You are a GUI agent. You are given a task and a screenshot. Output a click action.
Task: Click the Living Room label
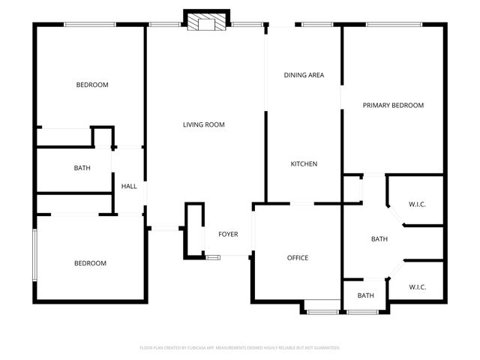(204, 124)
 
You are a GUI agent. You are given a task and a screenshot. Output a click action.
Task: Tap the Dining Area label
(304, 75)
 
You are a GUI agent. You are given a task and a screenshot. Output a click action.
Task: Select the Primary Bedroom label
(393, 106)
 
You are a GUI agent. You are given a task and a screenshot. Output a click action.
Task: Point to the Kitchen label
(304, 164)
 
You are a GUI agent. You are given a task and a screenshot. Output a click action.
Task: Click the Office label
(298, 258)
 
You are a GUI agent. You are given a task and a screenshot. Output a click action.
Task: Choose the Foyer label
(228, 235)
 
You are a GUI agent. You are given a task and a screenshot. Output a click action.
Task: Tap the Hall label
(130, 186)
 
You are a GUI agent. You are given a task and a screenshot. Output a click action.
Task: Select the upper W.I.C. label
(418, 204)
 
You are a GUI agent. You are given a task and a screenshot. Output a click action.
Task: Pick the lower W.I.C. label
(418, 287)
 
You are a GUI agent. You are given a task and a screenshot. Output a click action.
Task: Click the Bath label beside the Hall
(82, 168)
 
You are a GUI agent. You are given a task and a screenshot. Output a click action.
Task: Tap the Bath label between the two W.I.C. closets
(379, 239)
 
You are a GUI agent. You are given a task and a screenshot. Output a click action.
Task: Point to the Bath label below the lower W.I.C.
(365, 295)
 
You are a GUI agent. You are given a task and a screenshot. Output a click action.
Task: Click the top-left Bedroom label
(92, 85)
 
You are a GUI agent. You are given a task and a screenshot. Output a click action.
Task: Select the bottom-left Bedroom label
(90, 263)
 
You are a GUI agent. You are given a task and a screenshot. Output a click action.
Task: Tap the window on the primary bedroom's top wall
(393, 25)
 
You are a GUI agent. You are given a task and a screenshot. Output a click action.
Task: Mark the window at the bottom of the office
(323, 310)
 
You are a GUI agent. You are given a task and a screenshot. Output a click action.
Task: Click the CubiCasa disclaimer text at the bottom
(240, 348)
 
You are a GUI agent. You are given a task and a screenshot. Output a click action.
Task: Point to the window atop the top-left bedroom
(89, 25)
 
